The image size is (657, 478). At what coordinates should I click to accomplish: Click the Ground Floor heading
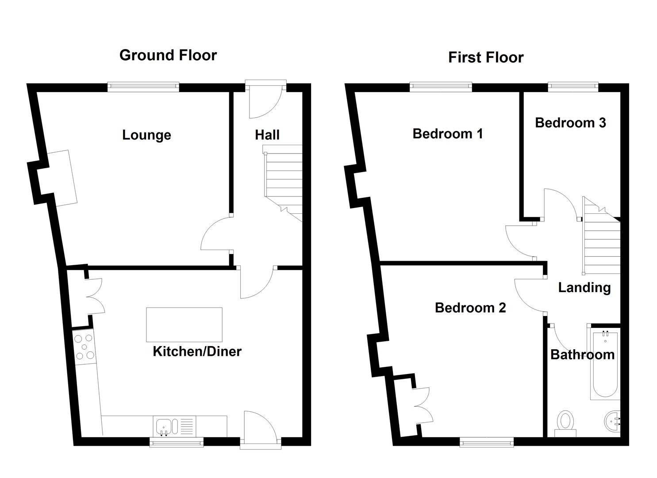(x=168, y=55)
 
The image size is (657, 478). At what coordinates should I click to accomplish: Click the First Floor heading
(x=485, y=58)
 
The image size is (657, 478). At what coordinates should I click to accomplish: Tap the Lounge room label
(x=146, y=135)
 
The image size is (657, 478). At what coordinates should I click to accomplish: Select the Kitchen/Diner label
(x=197, y=351)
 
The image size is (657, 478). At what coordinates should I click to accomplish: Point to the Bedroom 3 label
(x=570, y=123)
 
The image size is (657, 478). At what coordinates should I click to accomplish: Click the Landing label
(x=584, y=288)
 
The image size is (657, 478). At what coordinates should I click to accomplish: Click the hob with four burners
(x=84, y=347)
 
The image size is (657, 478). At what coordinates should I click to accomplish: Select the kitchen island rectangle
(x=184, y=325)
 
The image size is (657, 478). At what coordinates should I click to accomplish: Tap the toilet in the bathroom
(x=565, y=423)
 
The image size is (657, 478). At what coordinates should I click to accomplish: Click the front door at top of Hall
(x=265, y=100)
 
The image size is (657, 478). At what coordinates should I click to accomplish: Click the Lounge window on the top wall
(x=143, y=87)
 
